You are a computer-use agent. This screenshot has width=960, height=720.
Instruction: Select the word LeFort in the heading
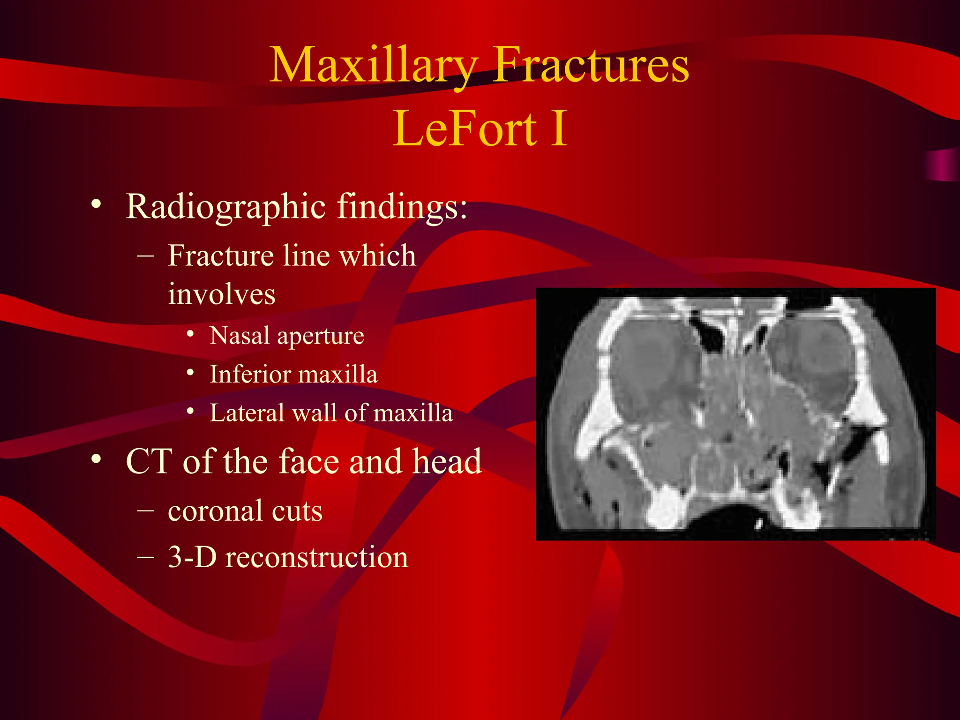tap(465, 128)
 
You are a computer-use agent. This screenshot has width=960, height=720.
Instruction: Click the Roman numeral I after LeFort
tap(559, 128)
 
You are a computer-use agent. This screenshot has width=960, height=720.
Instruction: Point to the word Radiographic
tap(226, 207)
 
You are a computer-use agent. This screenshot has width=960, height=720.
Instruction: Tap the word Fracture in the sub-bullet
tap(221, 256)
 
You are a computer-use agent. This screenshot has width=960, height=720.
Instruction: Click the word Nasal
tap(240, 336)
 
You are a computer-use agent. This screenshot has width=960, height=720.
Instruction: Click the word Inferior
tap(250, 375)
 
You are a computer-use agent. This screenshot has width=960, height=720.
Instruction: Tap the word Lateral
tap(247, 413)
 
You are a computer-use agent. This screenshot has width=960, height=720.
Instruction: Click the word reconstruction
tap(317, 558)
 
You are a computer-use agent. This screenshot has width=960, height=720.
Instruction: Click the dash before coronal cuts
tap(146, 510)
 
